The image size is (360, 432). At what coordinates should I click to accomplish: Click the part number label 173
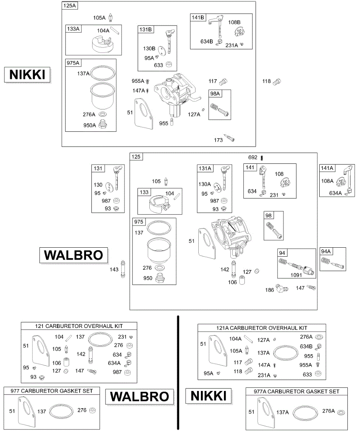[218, 140]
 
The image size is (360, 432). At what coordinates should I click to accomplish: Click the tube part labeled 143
[123, 269]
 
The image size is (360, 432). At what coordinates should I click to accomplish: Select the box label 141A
[327, 168]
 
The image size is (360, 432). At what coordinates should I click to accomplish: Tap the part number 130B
[149, 49]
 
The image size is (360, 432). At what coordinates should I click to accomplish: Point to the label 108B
[234, 22]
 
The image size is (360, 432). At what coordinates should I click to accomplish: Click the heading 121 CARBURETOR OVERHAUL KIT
[79, 326]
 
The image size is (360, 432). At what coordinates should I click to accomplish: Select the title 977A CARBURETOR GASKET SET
[297, 391]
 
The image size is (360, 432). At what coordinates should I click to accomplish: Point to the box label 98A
[215, 94]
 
